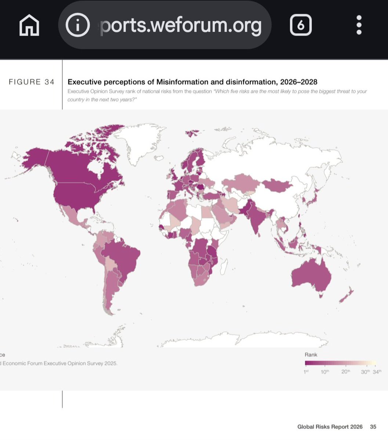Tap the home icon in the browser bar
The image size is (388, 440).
tap(29, 25)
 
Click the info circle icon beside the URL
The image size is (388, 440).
tap(77, 25)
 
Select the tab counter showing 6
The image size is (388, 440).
tap(301, 25)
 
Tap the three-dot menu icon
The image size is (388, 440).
tap(359, 25)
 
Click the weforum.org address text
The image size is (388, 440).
tap(181, 25)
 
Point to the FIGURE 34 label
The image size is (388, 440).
tap(32, 82)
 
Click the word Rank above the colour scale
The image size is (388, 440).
tap(311, 355)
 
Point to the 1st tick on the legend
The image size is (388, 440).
tap(306, 372)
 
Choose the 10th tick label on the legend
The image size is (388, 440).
tap(325, 372)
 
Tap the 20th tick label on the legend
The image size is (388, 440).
tap(345, 372)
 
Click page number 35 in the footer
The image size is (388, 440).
tap(373, 427)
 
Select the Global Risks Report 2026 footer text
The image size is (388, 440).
tap(330, 427)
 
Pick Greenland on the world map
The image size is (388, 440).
tap(138, 143)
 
